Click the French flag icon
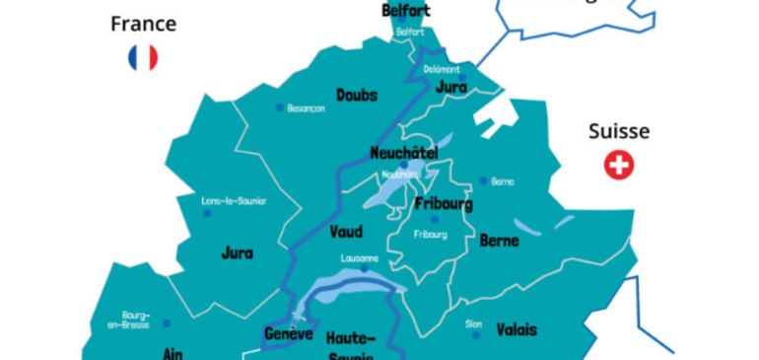(x=143, y=58)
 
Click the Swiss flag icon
(x=619, y=166)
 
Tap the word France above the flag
(x=143, y=24)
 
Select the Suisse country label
(x=618, y=131)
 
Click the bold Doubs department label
(x=356, y=95)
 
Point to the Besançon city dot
(x=279, y=108)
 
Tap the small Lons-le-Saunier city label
(x=234, y=200)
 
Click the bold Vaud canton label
(x=347, y=232)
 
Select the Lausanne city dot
(x=364, y=267)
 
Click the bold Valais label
(x=517, y=328)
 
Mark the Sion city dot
(x=475, y=335)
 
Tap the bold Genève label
(x=289, y=333)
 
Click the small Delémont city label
(x=443, y=69)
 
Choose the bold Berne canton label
(x=499, y=240)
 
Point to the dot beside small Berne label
(x=483, y=180)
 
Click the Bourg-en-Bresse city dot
(x=166, y=323)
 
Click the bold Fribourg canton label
(x=444, y=204)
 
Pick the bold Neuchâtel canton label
(x=403, y=153)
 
